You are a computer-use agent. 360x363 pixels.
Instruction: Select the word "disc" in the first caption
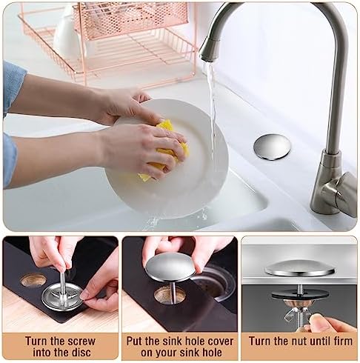pyautogui.click(x=87, y=353)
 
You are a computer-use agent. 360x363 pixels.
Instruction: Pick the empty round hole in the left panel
pyautogui.click(x=33, y=280)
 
